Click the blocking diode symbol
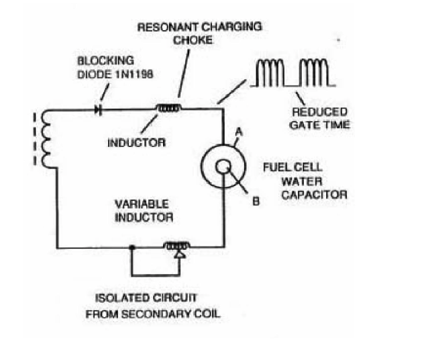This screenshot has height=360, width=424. click(99, 110)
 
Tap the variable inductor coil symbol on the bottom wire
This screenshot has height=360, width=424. click(177, 246)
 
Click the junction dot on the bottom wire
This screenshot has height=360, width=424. click(131, 247)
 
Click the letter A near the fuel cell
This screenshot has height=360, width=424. click(239, 132)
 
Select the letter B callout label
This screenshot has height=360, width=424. click(256, 201)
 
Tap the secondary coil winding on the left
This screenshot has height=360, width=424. click(46, 139)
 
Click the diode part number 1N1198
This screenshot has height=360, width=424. click(134, 74)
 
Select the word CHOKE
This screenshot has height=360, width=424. click(193, 40)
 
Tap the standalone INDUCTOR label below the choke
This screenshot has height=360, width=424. click(137, 142)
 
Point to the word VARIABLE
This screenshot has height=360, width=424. click(142, 204)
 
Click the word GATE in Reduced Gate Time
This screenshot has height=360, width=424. click(304, 125)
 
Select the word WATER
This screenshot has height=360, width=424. click(302, 181)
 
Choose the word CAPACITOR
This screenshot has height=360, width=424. click(314, 195)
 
